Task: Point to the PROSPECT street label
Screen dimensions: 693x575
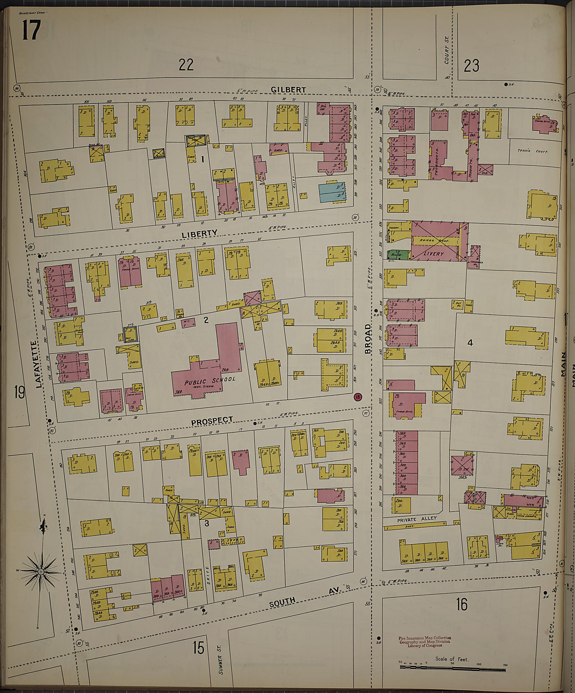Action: tap(212, 421)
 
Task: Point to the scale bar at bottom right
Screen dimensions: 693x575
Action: tap(452, 667)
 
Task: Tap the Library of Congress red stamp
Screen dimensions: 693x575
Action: tap(425, 642)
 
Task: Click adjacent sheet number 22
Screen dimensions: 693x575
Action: tap(186, 65)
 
